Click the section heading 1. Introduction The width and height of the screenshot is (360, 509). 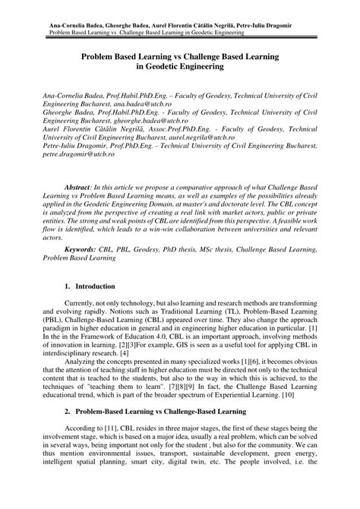95,309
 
